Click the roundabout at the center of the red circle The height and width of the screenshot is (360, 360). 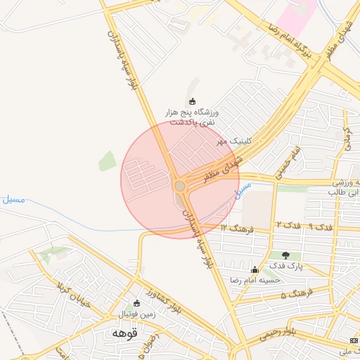[179, 186]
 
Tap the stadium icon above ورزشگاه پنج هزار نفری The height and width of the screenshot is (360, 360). [193, 101]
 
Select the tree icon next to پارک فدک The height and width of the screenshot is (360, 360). [285, 255]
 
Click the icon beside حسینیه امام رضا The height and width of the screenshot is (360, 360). [255, 269]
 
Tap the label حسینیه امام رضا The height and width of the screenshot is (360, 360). [255, 280]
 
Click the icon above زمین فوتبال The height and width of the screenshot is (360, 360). [136, 304]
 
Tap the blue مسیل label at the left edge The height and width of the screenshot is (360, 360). [13, 200]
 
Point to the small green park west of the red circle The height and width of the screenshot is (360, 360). [108, 161]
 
